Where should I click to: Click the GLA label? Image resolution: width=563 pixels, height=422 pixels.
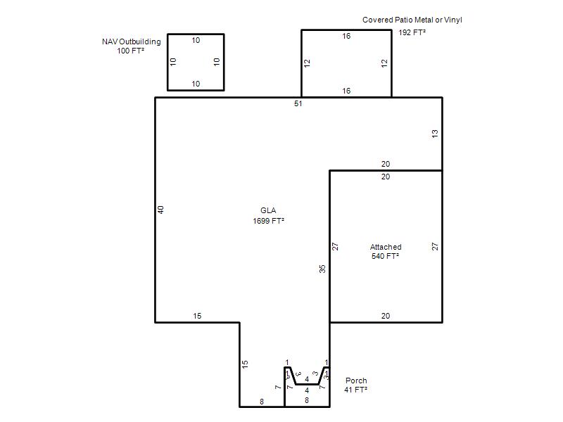[x=268, y=210]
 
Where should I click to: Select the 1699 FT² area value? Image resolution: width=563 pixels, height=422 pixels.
[x=268, y=221]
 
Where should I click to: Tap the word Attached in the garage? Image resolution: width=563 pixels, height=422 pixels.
[x=386, y=247]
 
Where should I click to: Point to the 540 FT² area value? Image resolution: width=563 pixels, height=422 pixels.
[x=385, y=256]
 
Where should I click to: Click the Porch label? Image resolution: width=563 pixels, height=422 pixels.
[x=356, y=381]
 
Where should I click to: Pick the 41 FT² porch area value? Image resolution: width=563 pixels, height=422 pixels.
[x=355, y=390]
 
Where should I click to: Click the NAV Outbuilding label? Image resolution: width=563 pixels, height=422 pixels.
[x=132, y=41]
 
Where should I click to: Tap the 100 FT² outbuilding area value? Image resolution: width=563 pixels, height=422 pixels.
[x=130, y=51]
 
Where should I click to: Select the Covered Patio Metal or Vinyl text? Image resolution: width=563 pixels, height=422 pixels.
[x=412, y=20]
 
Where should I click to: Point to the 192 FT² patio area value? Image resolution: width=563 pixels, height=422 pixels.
[x=412, y=32]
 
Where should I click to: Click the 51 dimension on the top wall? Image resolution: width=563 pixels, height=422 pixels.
[x=298, y=103]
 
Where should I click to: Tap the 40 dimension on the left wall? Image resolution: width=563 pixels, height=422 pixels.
[x=161, y=210]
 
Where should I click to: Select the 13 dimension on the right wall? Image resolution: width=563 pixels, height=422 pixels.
[x=435, y=134]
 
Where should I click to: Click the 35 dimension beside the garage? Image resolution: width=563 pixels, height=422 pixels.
[x=322, y=269]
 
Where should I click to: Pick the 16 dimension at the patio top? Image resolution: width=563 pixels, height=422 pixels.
[x=346, y=36]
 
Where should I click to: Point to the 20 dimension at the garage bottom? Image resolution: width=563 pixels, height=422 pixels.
[x=385, y=316]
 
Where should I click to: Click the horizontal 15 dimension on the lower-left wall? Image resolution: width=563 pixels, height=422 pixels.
[x=197, y=316]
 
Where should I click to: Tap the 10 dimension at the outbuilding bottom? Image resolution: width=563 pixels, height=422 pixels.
[x=196, y=84]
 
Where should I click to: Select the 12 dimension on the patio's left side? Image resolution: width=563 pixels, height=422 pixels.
[x=307, y=63]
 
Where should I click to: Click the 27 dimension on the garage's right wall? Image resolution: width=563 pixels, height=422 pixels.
[x=435, y=247]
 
